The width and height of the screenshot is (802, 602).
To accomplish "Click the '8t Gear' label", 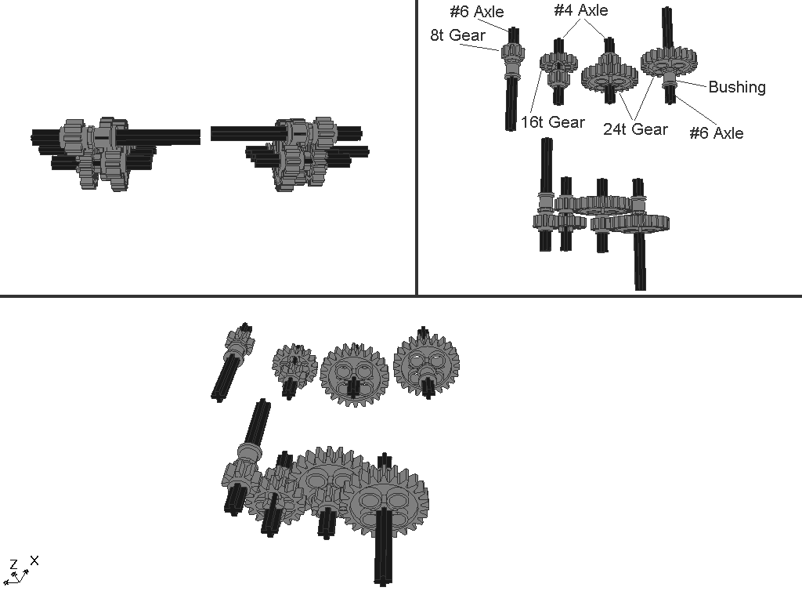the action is [x=457, y=35].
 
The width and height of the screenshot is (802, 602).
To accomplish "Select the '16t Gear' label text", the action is [x=553, y=122].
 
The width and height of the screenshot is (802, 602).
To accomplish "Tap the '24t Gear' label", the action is [x=635, y=129].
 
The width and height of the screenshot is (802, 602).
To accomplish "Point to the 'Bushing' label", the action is [x=737, y=87].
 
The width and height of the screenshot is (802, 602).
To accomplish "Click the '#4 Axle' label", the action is [x=581, y=10].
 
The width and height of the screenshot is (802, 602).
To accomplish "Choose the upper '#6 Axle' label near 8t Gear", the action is [x=477, y=12].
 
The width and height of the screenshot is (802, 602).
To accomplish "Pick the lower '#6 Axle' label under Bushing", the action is [x=716, y=133].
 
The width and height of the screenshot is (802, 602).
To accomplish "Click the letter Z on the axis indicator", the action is [x=14, y=564].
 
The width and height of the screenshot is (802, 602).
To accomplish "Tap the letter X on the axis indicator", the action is [x=34, y=560].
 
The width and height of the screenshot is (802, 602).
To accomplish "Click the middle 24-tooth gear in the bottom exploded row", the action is [x=354, y=375].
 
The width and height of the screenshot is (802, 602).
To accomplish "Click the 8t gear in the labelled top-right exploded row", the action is [x=511, y=53].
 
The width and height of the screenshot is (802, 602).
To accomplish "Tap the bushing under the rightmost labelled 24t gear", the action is [x=670, y=78].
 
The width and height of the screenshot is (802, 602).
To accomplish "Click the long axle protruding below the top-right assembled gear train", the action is [x=640, y=261].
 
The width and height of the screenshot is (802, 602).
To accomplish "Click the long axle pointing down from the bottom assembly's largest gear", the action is [x=384, y=546].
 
